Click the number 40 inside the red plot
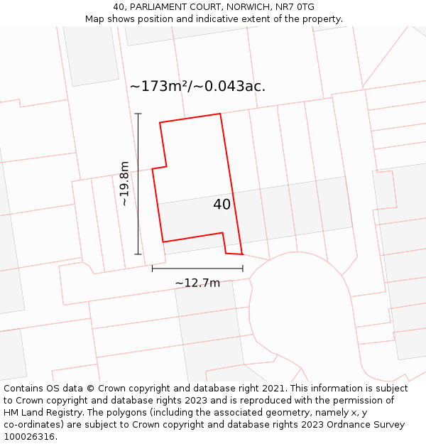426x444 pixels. [222, 205]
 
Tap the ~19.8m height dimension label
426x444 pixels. [125, 183]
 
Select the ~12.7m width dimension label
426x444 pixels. [197, 283]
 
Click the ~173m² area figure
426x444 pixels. [158, 87]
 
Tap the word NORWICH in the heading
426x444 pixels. [246, 7]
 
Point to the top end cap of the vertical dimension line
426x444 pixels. [138, 114]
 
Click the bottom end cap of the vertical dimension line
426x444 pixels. [138, 254]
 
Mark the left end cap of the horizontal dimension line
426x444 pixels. [153, 269]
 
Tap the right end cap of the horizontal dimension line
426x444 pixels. [243, 269]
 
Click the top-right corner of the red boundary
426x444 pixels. [220, 114]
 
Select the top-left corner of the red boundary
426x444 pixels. [160, 123]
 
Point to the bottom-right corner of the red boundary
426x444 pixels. [242, 254]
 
